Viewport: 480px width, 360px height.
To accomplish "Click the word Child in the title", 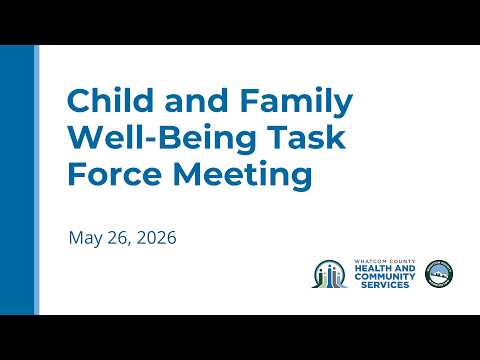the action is [111, 100].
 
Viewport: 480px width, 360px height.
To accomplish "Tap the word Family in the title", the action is [296, 102].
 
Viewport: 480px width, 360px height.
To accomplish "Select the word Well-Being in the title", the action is [162, 139].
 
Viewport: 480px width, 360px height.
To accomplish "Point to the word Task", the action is [308, 137].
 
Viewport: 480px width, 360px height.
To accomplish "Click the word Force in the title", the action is [115, 173].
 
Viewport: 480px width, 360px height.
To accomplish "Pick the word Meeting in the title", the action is [243, 175].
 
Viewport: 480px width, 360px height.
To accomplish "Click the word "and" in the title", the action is [197, 100].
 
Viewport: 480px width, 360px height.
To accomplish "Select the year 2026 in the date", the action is [156, 238].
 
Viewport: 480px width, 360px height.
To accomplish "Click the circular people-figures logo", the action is [329, 274].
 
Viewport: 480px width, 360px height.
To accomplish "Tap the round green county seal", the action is [439, 274].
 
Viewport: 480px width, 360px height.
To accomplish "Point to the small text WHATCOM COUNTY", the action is [385, 261].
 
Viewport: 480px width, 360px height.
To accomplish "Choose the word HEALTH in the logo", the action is [371, 268].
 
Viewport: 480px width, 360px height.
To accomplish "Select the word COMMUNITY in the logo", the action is [385, 276].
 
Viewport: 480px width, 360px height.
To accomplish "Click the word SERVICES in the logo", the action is [385, 285].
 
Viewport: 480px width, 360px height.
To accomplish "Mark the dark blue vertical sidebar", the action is [17, 180].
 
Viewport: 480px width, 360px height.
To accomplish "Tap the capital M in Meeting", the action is [187, 173].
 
